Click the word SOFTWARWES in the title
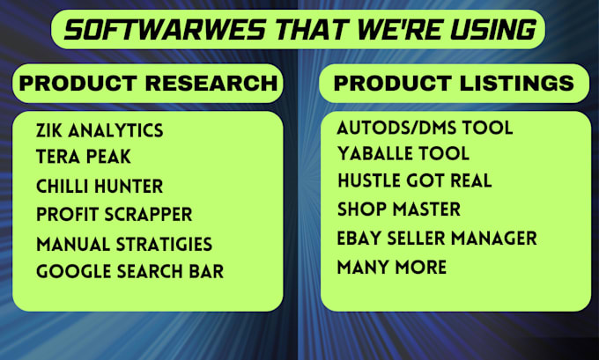click(x=165, y=30)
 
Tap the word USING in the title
click(x=493, y=30)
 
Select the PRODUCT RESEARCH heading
click(x=148, y=84)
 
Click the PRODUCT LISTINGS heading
click(x=454, y=84)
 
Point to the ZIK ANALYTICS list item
click(x=100, y=130)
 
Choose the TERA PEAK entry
click(x=84, y=157)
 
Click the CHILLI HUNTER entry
click(x=100, y=187)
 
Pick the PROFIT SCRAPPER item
click(x=114, y=214)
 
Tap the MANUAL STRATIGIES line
click(x=124, y=245)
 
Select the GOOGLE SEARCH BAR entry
click(x=129, y=271)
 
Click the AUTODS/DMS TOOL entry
click(x=425, y=128)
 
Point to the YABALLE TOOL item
click(x=403, y=153)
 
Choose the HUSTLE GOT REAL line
click(x=415, y=180)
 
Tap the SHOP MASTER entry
click(x=399, y=209)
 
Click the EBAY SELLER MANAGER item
click(x=437, y=239)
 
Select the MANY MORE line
click(x=392, y=267)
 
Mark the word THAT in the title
click(x=311, y=30)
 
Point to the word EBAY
click(x=359, y=239)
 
